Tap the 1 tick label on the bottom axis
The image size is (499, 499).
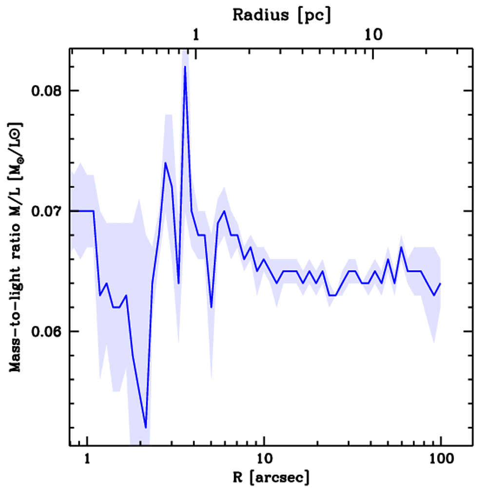(87, 460)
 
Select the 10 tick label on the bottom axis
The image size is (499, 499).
(264, 460)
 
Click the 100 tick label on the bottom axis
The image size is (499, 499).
(441, 460)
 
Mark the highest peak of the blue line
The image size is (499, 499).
(185, 67)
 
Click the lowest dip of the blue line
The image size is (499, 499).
(145, 428)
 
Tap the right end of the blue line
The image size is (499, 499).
(441, 283)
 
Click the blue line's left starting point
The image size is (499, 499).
(71, 211)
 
